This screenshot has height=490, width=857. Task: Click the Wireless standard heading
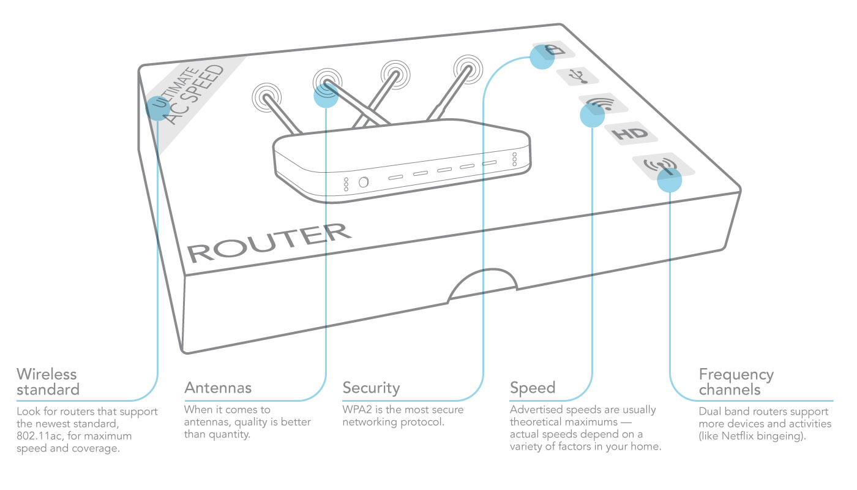tap(48, 381)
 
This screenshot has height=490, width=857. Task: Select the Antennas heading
tap(218, 388)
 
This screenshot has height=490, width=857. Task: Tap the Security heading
tap(371, 388)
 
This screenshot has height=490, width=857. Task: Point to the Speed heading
tap(533, 388)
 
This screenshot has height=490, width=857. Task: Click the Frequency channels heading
tap(736, 382)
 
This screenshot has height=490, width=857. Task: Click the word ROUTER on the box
tap(269, 243)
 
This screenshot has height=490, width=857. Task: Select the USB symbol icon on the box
tap(577, 76)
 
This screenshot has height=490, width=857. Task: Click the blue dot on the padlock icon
tap(542, 57)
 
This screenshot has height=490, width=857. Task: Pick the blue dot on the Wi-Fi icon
tap(592, 115)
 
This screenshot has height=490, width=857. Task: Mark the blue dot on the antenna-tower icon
tap(669, 180)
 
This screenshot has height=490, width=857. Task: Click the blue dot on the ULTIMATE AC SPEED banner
tap(157, 107)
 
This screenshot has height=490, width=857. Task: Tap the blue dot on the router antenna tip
tap(326, 95)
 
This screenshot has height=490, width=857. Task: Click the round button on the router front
tap(363, 182)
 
